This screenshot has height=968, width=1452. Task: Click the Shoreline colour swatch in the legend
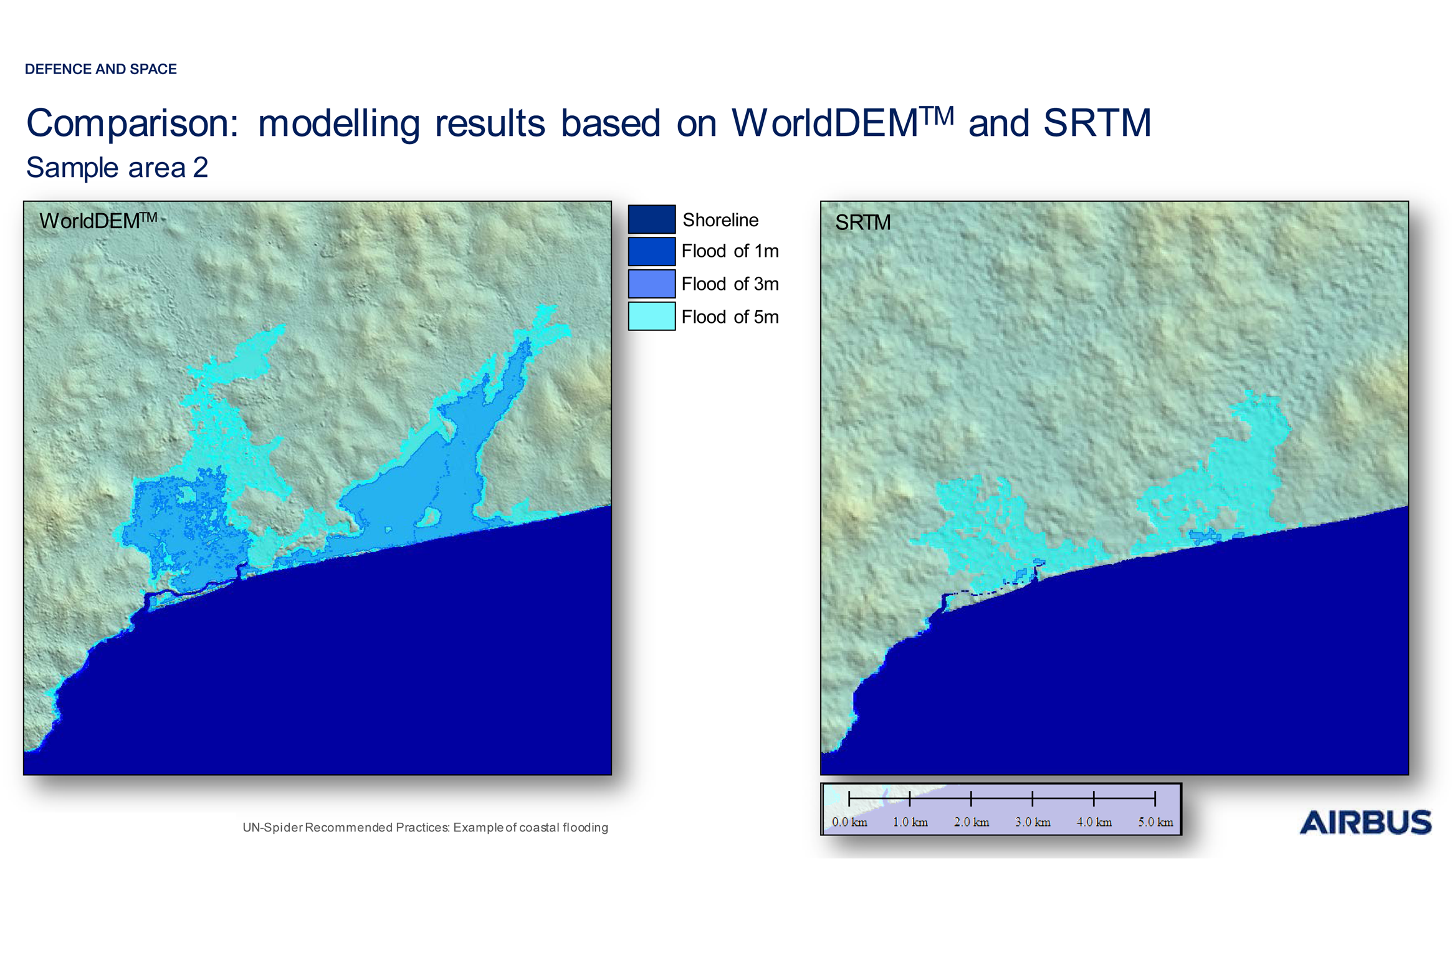[x=651, y=219]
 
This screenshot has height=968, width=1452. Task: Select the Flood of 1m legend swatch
[x=651, y=251]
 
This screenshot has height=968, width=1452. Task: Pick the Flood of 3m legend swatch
[x=651, y=284]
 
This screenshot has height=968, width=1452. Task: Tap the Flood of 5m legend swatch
[x=651, y=316]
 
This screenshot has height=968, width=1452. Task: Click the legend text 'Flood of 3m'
[x=729, y=284]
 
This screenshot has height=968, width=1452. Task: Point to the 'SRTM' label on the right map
[x=862, y=223]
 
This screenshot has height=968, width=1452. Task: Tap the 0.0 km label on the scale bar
[x=849, y=822]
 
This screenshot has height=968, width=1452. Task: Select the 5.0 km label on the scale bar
[x=1155, y=822]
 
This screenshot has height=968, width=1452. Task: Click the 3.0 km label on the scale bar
[x=1032, y=822]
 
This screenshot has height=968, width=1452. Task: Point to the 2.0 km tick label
[x=971, y=822]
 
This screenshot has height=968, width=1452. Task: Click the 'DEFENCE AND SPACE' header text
[x=100, y=69]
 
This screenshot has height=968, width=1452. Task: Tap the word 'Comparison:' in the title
[x=132, y=123]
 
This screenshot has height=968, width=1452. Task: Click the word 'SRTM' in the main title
[x=1096, y=123]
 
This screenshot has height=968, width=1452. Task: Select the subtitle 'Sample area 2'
[x=117, y=167]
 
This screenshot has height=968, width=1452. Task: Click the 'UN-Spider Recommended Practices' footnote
[x=424, y=827]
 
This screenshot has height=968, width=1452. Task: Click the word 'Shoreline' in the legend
[x=720, y=219]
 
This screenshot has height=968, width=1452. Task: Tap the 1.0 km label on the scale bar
[x=910, y=822]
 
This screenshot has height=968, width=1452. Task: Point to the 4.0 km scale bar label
[x=1094, y=822]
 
